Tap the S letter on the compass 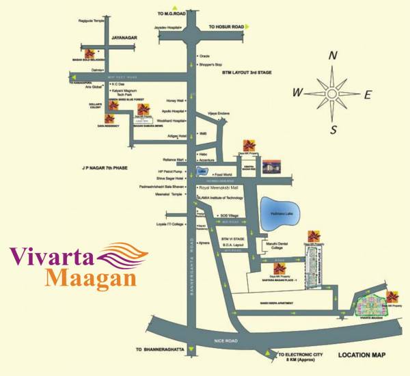point(334,129)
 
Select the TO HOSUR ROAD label point(224,27)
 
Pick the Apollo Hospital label point(174,111)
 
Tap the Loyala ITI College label point(170,224)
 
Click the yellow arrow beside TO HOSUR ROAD point(247,27)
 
